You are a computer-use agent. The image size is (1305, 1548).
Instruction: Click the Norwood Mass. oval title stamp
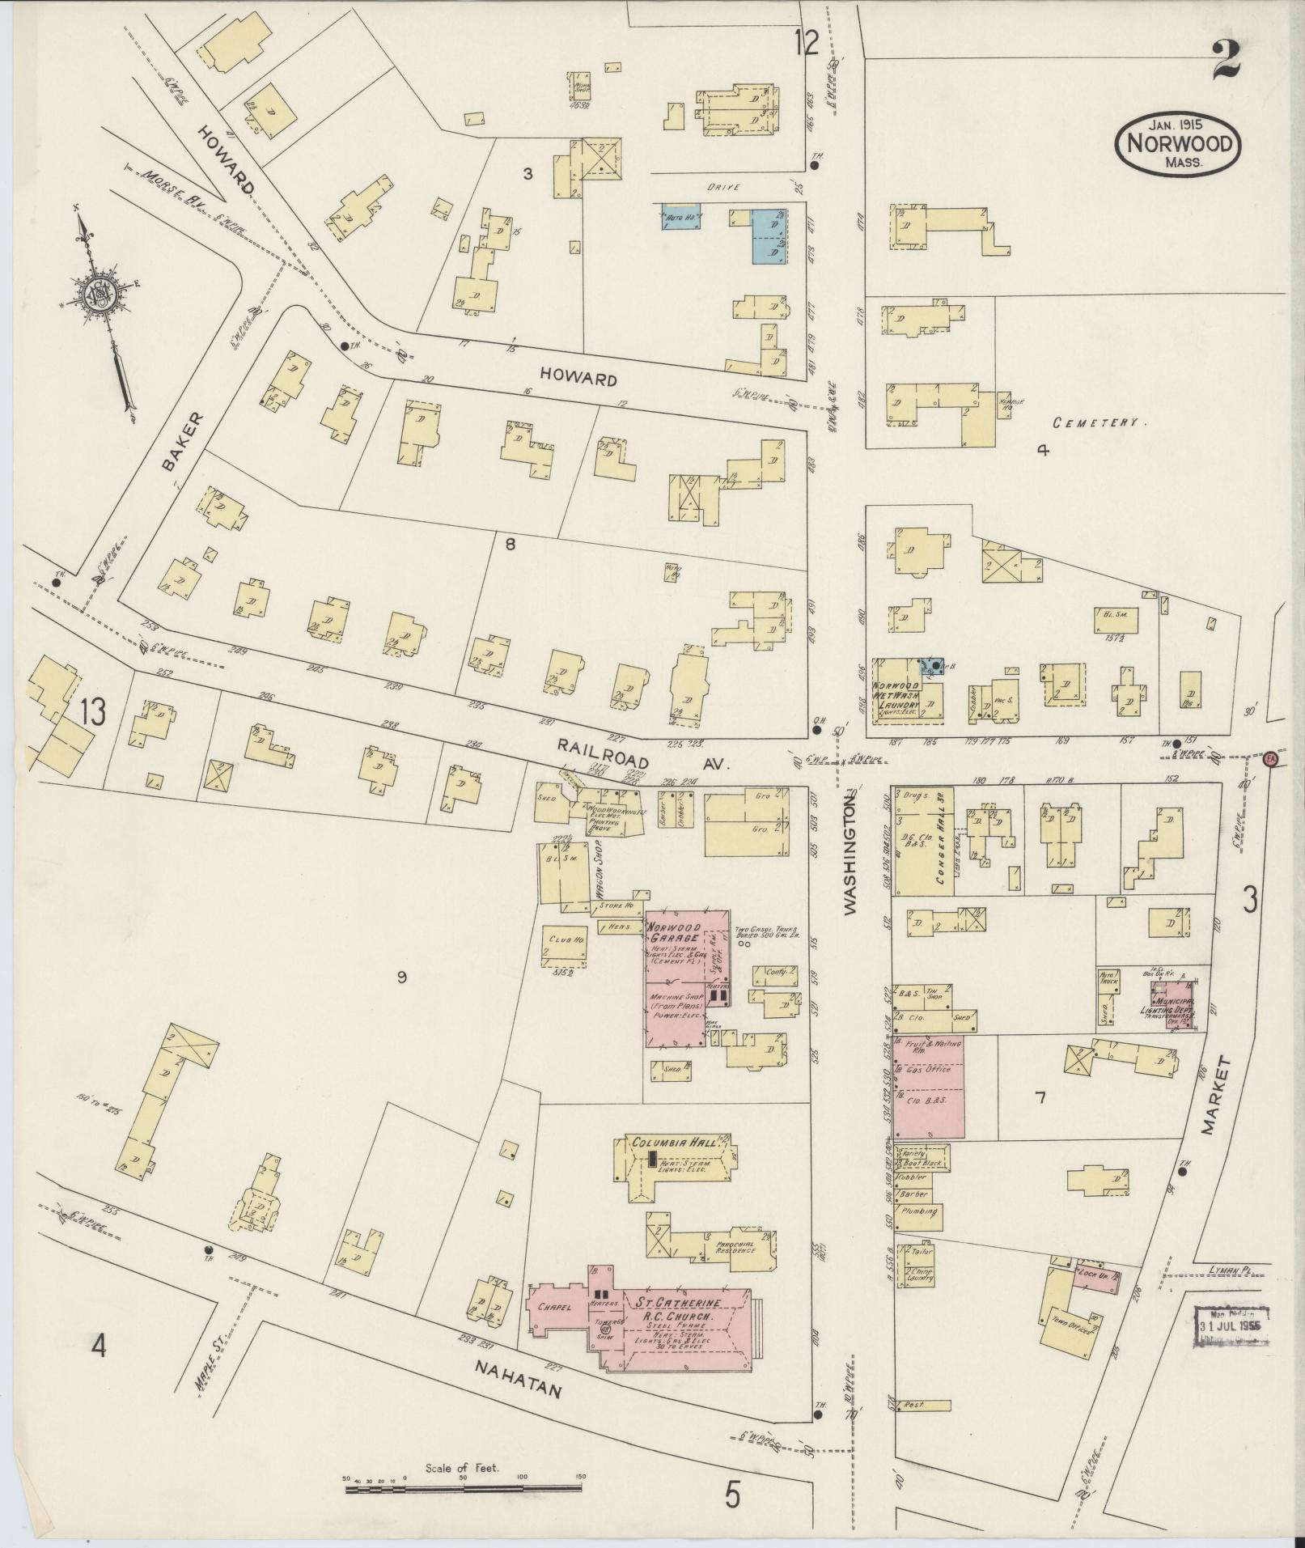tap(1178, 143)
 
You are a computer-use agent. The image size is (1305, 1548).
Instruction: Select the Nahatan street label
tap(518, 1388)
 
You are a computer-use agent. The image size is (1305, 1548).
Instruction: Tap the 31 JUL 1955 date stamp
tap(1231, 1329)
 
